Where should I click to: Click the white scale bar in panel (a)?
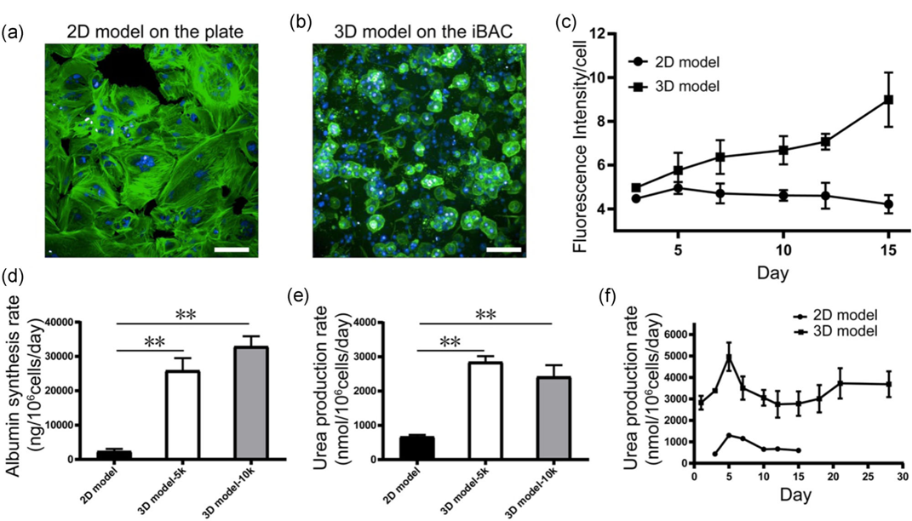pyautogui.click(x=232, y=250)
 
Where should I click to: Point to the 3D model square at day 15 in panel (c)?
pyautogui.click(x=888, y=100)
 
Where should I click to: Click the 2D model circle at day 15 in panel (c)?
pyautogui.click(x=888, y=204)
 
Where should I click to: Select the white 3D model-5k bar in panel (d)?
pyautogui.click(x=183, y=415)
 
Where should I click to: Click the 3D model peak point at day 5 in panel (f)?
pyautogui.click(x=728, y=357)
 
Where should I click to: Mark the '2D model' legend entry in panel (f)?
pyautogui.click(x=835, y=316)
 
